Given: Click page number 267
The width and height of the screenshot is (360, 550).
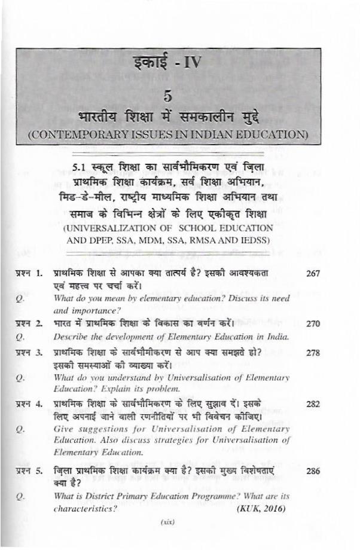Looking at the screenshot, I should click(313, 273).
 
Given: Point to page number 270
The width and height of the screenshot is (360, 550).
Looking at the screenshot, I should click(313, 323).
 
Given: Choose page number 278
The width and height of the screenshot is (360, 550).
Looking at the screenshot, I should click(313, 353).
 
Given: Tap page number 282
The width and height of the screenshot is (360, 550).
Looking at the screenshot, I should click(313, 404).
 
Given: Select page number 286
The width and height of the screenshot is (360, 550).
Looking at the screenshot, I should click(313, 471).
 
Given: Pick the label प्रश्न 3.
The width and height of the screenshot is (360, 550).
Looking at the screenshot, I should click(29, 353).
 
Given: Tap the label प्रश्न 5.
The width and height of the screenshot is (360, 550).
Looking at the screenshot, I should click(29, 471).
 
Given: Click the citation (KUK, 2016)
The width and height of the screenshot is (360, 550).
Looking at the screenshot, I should click(263, 509).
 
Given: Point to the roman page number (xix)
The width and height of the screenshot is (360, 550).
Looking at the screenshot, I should click(167, 522).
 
